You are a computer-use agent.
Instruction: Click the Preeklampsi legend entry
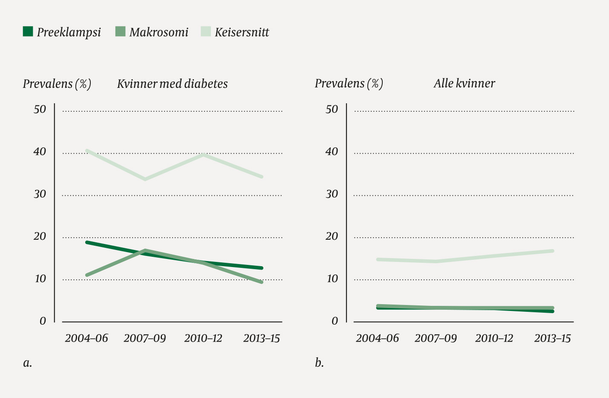pyautogui.click(x=62, y=32)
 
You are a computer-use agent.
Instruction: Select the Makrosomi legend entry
pyautogui.click(x=152, y=32)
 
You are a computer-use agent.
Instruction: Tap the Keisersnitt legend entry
pyautogui.click(x=235, y=32)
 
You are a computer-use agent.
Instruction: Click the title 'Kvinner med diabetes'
pyautogui.click(x=172, y=84)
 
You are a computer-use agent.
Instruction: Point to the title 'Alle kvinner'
pyautogui.click(x=464, y=83)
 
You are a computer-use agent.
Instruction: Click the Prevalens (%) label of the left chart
pyautogui.click(x=57, y=84)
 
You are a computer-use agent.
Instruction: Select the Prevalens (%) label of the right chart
pyautogui.click(x=349, y=84)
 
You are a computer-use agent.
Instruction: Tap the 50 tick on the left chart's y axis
pyautogui.click(x=40, y=110)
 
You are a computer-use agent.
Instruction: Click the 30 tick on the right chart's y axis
pyautogui.click(x=332, y=194)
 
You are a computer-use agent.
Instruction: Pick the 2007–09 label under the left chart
pyautogui.click(x=144, y=338)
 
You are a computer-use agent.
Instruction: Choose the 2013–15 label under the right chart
pyautogui.click(x=552, y=338)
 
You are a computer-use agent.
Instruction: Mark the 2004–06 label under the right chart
pyautogui.click(x=377, y=338)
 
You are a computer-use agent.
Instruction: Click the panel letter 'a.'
pyautogui.click(x=27, y=363)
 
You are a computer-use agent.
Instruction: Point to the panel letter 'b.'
pyautogui.click(x=319, y=363)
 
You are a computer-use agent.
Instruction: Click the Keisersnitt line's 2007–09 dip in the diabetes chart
pyautogui.click(x=145, y=179)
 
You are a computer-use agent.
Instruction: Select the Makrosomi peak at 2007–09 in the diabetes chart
pyautogui.click(x=145, y=250)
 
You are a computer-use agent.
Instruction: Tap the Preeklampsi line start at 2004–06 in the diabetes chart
pyautogui.click(x=87, y=242)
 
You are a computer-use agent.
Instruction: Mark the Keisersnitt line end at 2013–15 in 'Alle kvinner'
pyautogui.click(x=552, y=251)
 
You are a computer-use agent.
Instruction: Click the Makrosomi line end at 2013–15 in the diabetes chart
pyautogui.click(x=261, y=282)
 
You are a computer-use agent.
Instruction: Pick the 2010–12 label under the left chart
pyautogui.click(x=203, y=338)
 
